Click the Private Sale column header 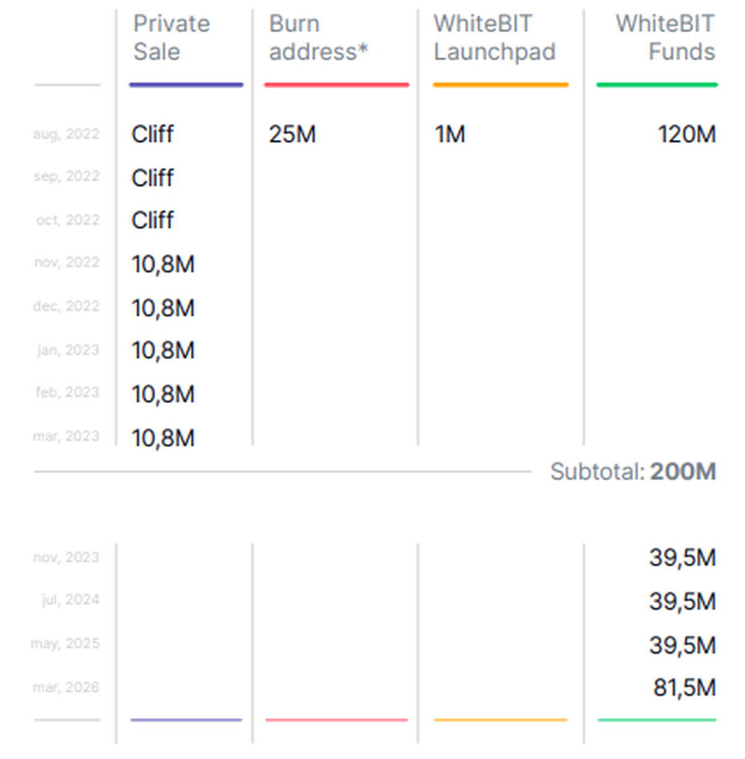(171, 37)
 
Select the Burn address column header (318, 37)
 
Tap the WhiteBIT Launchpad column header (494, 37)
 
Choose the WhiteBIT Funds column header (665, 37)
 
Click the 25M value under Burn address (292, 134)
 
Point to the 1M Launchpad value (449, 134)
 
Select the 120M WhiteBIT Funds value (687, 134)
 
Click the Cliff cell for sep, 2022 (153, 178)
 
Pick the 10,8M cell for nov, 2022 (163, 264)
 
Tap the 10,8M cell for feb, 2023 (163, 394)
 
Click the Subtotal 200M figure (683, 472)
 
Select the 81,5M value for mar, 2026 (684, 688)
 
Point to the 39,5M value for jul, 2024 (682, 601)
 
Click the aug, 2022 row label (66, 134)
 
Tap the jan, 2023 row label (68, 350)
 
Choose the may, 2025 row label (65, 644)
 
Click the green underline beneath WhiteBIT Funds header (657, 85)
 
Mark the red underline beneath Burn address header (336, 85)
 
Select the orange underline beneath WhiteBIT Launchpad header (500, 85)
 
